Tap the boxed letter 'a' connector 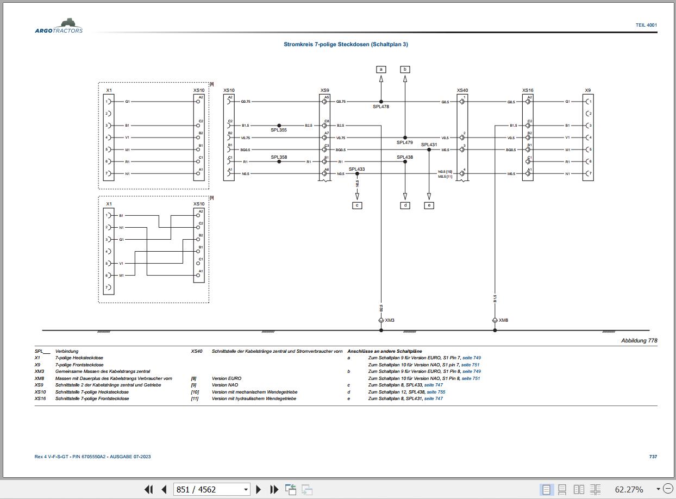(381, 69)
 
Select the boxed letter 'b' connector (405, 69)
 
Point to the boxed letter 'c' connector (357, 205)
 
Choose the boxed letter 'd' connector (405, 205)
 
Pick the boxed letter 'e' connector (429, 205)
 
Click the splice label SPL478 (381, 107)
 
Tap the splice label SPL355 (279, 130)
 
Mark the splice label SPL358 (279, 157)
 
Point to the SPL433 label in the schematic (357, 169)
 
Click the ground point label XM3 (390, 321)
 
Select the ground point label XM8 (504, 321)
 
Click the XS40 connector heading (462, 90)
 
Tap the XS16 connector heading (528, 90)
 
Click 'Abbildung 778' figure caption (639, 341)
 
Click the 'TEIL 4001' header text (646, 25)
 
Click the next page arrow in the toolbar (259, 489)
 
